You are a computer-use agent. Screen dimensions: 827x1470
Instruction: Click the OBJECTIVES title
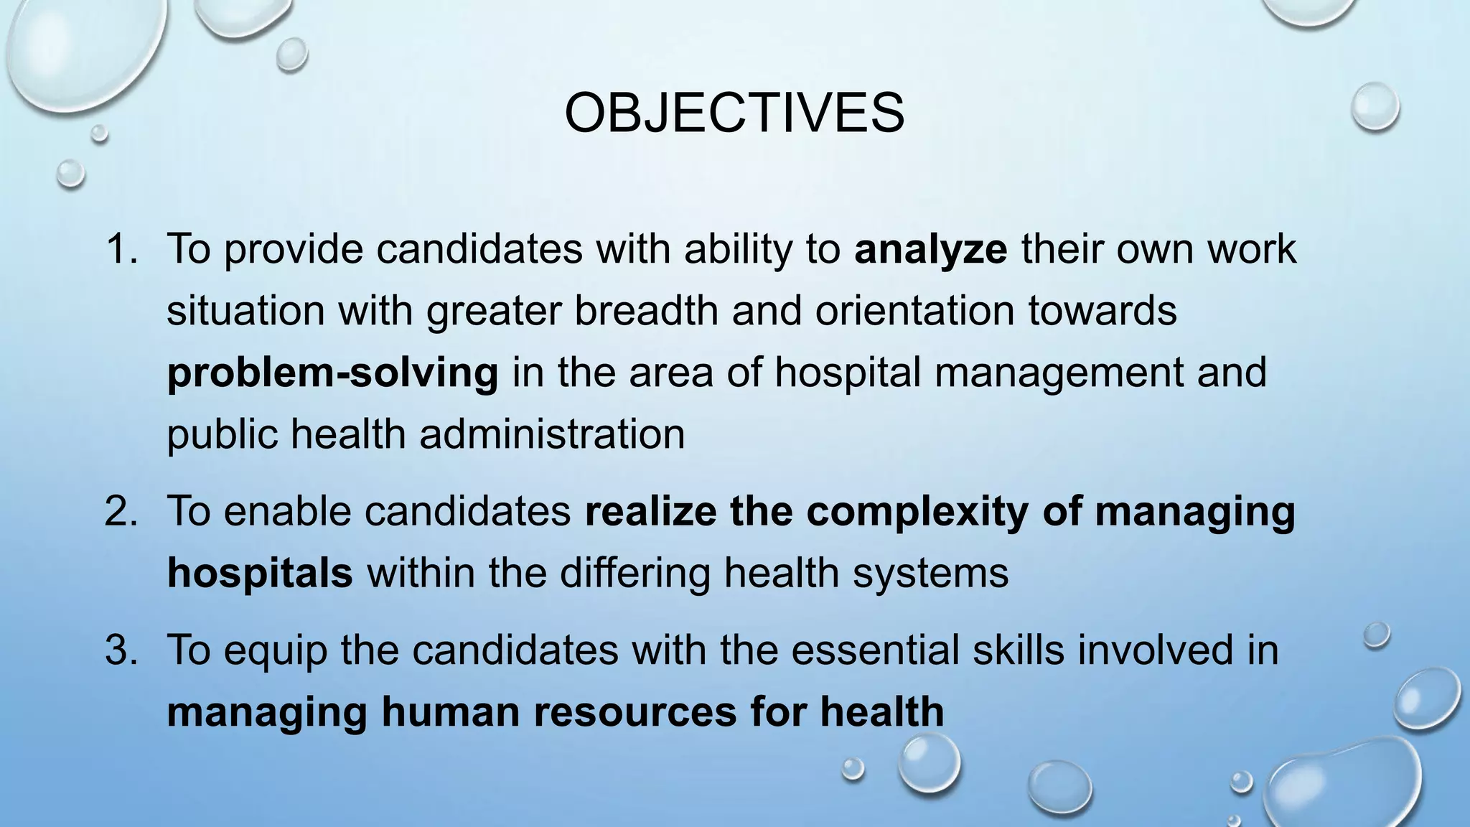(x=734, y=113)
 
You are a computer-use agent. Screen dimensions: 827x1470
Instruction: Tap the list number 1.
(x=121, y=249)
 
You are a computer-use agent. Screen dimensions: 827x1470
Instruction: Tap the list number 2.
(x=121, y=512)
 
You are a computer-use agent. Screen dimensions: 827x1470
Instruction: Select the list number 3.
(x=121, y=650)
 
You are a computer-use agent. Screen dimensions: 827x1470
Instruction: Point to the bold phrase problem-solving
(x=332, y=373)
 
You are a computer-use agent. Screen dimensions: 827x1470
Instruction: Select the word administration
(x=552, y=435)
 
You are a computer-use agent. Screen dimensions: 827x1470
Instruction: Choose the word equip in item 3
(x=275, y=651)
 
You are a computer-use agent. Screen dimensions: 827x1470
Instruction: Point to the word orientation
(x=914, y=311)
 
